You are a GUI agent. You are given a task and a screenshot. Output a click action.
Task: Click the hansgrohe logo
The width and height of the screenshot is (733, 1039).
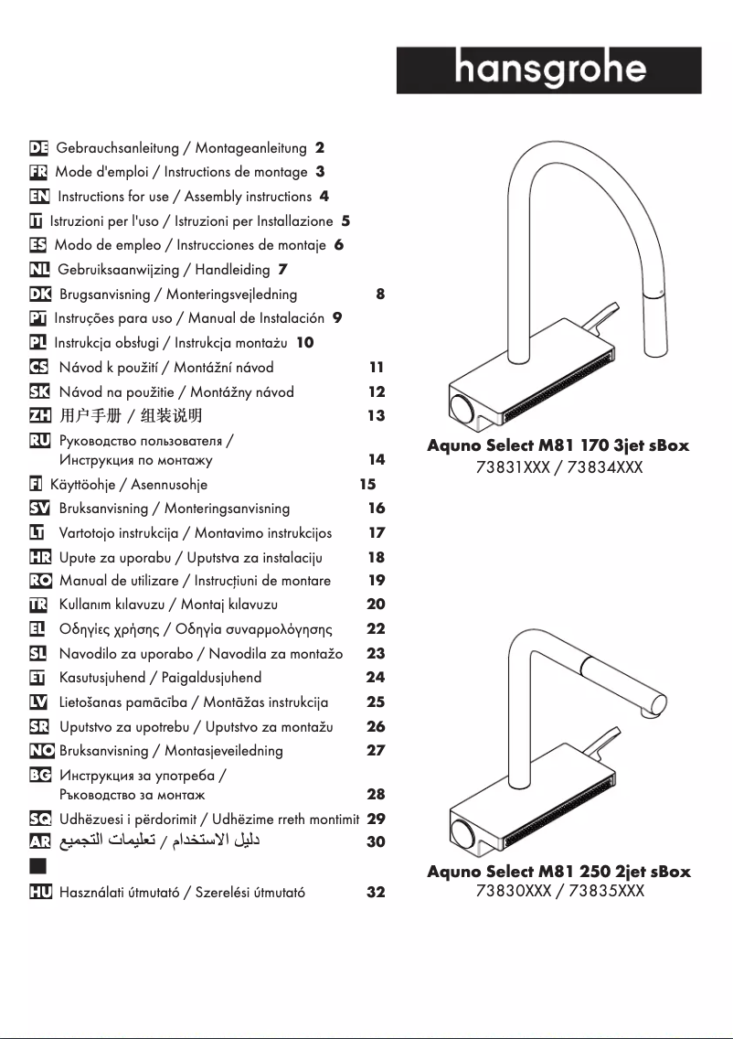coord(548,70)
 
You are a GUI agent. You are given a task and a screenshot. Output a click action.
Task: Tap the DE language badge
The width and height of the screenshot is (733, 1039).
coord(38,147)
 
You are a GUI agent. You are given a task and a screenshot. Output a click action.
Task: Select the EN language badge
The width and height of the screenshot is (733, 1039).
coord(39,196)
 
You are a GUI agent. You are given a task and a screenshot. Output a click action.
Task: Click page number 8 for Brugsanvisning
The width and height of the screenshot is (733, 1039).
coord(379,295)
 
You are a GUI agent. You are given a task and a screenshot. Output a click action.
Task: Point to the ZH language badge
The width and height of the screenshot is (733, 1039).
coord(39,416)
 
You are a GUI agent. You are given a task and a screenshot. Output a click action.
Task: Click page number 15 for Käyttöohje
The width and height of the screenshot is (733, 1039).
coord(367,485)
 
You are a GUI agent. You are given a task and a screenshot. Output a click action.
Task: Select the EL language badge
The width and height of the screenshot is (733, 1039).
coord(39,629)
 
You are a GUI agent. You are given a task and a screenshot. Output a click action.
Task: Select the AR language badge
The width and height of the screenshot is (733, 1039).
coord(39,841)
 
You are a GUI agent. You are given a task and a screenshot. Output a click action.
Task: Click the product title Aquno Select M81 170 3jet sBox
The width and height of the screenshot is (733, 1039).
coord(558,446)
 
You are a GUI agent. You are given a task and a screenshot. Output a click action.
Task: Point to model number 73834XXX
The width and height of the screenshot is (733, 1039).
coord(604,467)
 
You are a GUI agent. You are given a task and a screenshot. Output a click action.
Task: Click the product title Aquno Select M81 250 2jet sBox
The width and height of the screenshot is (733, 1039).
coord(558,872)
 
